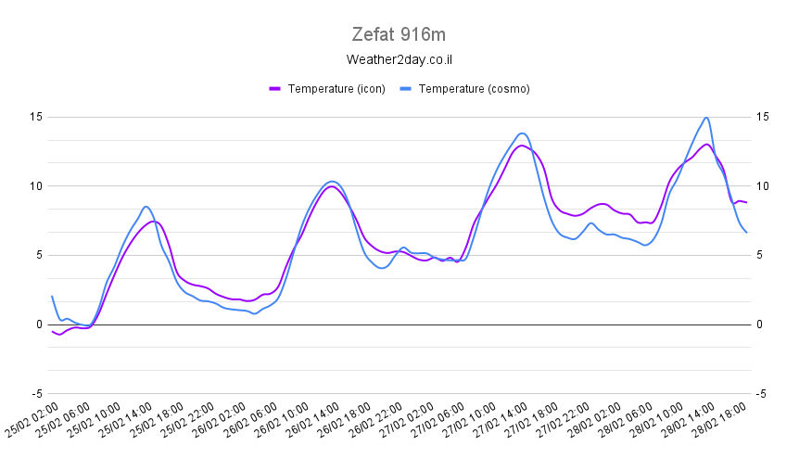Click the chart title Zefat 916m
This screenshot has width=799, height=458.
tap(399, 35)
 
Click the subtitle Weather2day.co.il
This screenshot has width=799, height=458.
tap(399, 60)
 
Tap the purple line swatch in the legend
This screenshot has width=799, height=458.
tap(274, 89)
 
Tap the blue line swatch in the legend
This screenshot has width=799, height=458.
tap(405, 89)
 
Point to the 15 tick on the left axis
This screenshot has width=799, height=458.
tap(37, 117)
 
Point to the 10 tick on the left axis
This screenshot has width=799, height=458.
tap(37, 186)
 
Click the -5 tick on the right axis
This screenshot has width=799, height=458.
tap(761, 393)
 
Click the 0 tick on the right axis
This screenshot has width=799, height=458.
tap(760, 324)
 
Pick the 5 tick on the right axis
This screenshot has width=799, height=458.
tap(760, 255)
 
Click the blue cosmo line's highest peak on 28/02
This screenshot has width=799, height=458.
tap(706, 118)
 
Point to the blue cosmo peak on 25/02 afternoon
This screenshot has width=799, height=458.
tap(146, 207)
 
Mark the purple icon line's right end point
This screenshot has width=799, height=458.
tap(746, 202)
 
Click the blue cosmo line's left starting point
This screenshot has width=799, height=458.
tap(52, 297)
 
